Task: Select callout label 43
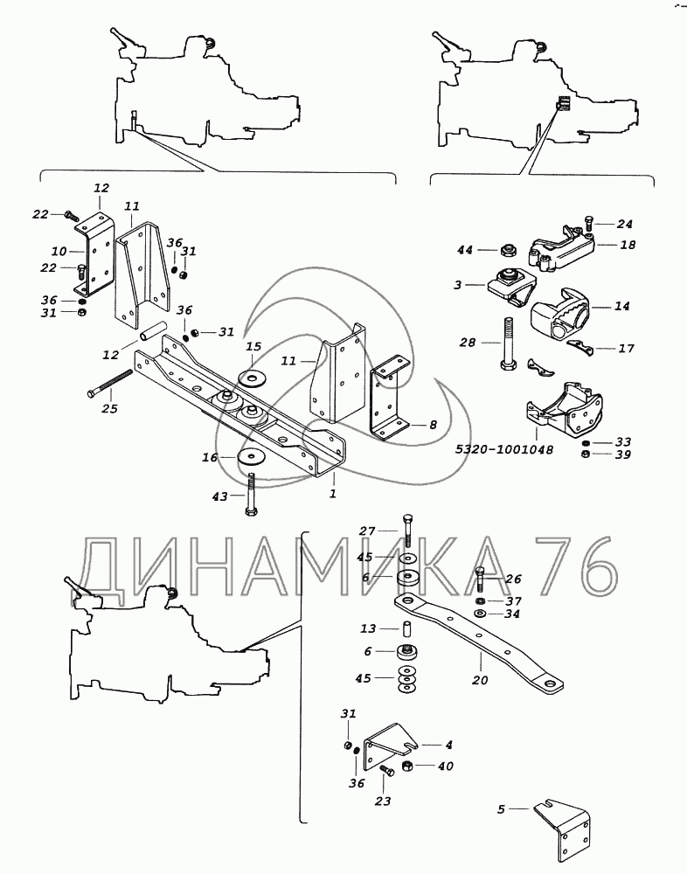[x=220, y=496]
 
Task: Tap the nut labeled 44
[x=506, y=251]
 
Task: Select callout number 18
[x=628, y=246]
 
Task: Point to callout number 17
[x=626, y=348]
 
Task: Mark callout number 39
[x=622, y=454]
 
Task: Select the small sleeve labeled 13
[x=406, y=628]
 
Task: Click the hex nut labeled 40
[x=406, y=767]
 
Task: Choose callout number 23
[x=382, y=801]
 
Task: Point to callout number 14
[x=621, y=307]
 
